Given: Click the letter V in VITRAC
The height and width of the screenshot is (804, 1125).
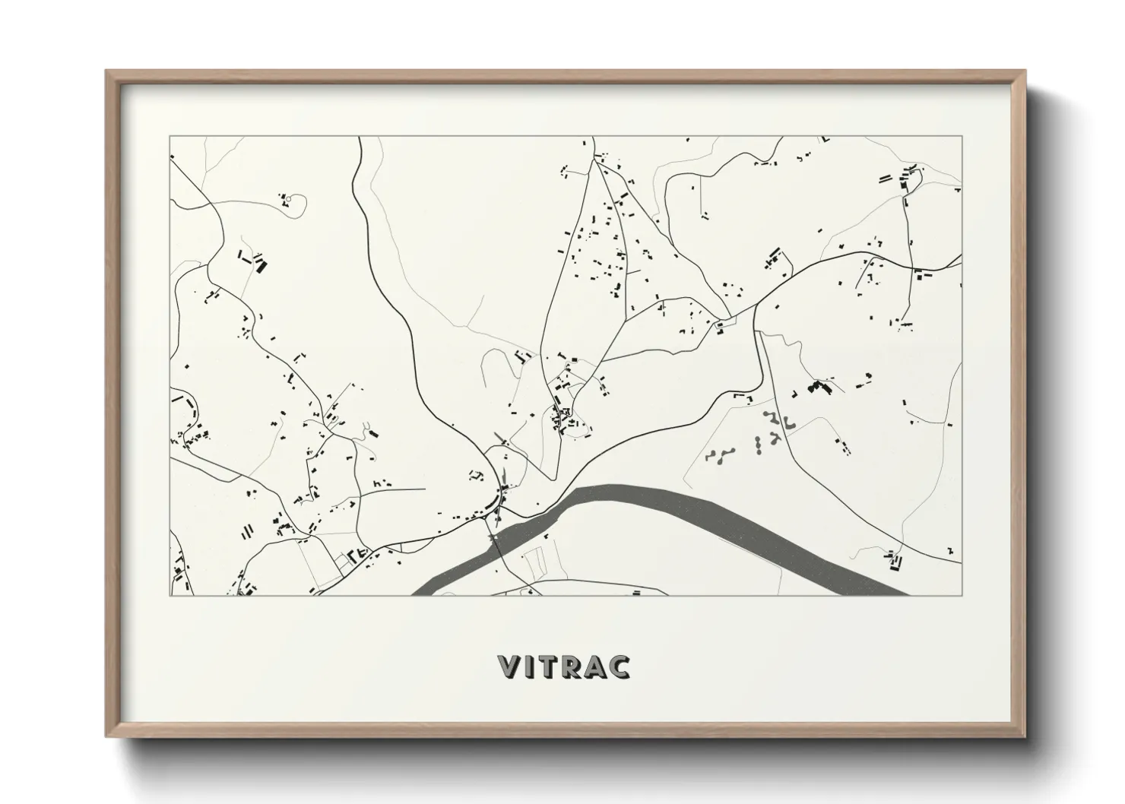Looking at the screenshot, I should [509, 666].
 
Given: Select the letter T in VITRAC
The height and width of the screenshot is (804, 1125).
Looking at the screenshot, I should [550, 666].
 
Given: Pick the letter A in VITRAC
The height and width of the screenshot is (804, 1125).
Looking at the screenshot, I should [597, 666].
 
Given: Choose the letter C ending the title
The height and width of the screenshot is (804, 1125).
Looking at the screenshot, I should [620, 666].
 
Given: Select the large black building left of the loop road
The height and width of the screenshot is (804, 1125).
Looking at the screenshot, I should [261, 265].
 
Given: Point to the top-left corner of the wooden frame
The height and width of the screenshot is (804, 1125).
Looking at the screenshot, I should [107, 71].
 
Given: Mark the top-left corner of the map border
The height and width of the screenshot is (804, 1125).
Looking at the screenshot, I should [170, 137].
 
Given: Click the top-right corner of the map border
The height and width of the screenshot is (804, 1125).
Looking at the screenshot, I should [962, 137].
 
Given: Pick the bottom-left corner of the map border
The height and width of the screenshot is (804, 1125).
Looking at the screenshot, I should [170, 595].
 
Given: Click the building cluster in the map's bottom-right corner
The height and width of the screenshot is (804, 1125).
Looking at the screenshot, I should [895, 562].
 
